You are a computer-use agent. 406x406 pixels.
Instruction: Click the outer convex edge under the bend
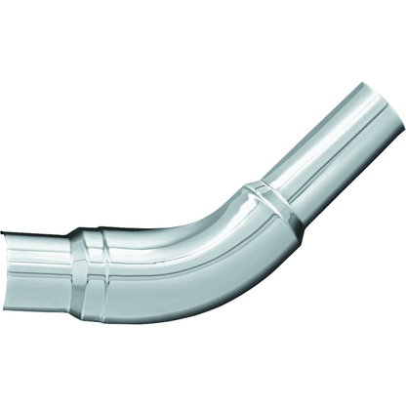[224, 293]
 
